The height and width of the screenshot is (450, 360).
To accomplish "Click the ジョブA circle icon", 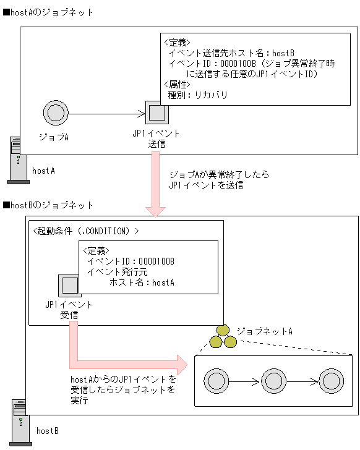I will pos(55,114).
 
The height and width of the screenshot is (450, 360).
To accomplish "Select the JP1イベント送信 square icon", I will pos(156,113).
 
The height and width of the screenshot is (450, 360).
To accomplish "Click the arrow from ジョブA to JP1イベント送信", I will pos(105,114).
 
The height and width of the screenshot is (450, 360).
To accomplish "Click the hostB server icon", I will pos(21,422).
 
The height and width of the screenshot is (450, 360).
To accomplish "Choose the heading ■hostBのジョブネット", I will pos(48,205).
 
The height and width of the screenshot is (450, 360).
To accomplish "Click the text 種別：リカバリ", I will pos(198,95).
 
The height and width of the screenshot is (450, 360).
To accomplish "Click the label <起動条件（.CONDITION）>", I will pos(85,231).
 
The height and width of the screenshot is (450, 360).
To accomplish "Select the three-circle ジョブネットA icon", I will pos(223,337).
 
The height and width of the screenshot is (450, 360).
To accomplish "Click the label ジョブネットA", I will pos(264,331).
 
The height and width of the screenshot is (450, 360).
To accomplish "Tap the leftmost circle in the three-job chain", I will pos(216,380).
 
